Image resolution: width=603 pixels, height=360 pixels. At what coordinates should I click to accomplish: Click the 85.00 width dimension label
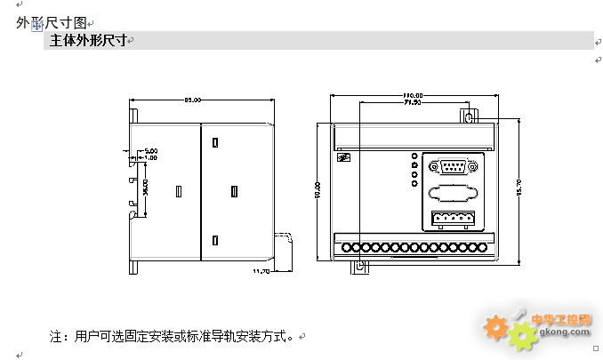click(x=192, y=100)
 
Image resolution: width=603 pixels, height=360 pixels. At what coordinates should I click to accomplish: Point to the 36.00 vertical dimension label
click(x=144, y=187)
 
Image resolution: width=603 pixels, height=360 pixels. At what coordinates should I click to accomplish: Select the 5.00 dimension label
click(x=151, y=152)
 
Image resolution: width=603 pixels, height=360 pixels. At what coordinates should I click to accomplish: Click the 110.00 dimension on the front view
click(x=412, y=94)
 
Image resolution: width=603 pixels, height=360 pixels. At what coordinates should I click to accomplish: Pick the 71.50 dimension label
click(x=412, y=103)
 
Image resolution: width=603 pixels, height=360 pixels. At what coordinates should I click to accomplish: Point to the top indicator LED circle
click(x=414, y=156)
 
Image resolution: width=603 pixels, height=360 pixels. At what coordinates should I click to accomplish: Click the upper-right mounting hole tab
click(x=469, y=116)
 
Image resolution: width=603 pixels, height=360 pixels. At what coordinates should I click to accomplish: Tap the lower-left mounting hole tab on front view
click(x=359, y=266)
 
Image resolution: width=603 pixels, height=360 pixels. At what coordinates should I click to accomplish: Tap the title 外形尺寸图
click(x=52, y=22)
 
